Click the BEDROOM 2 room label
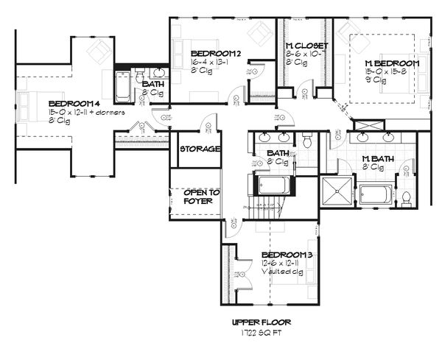pyautogui.click(x=216, y=54)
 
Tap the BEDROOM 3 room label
pyautogui.click(x=287, y=255)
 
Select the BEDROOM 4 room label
pyautogui.click(x=73, y=104)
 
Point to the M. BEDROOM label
pyautogui.click(x=393, y=64)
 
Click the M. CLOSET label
pyautogui.click(x=306, y=46)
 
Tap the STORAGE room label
pyautogui.click(x=199, y=149)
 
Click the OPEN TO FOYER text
pyautogui.click(x=202, y=196)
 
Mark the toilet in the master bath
pyautogui.click(x=406, y=197)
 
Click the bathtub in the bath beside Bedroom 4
pyautogui.click(x=123, y=85)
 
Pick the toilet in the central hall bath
pyautogui.click(x=308, y=139)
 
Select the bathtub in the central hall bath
pyautogui.click(x=274, y=184)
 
